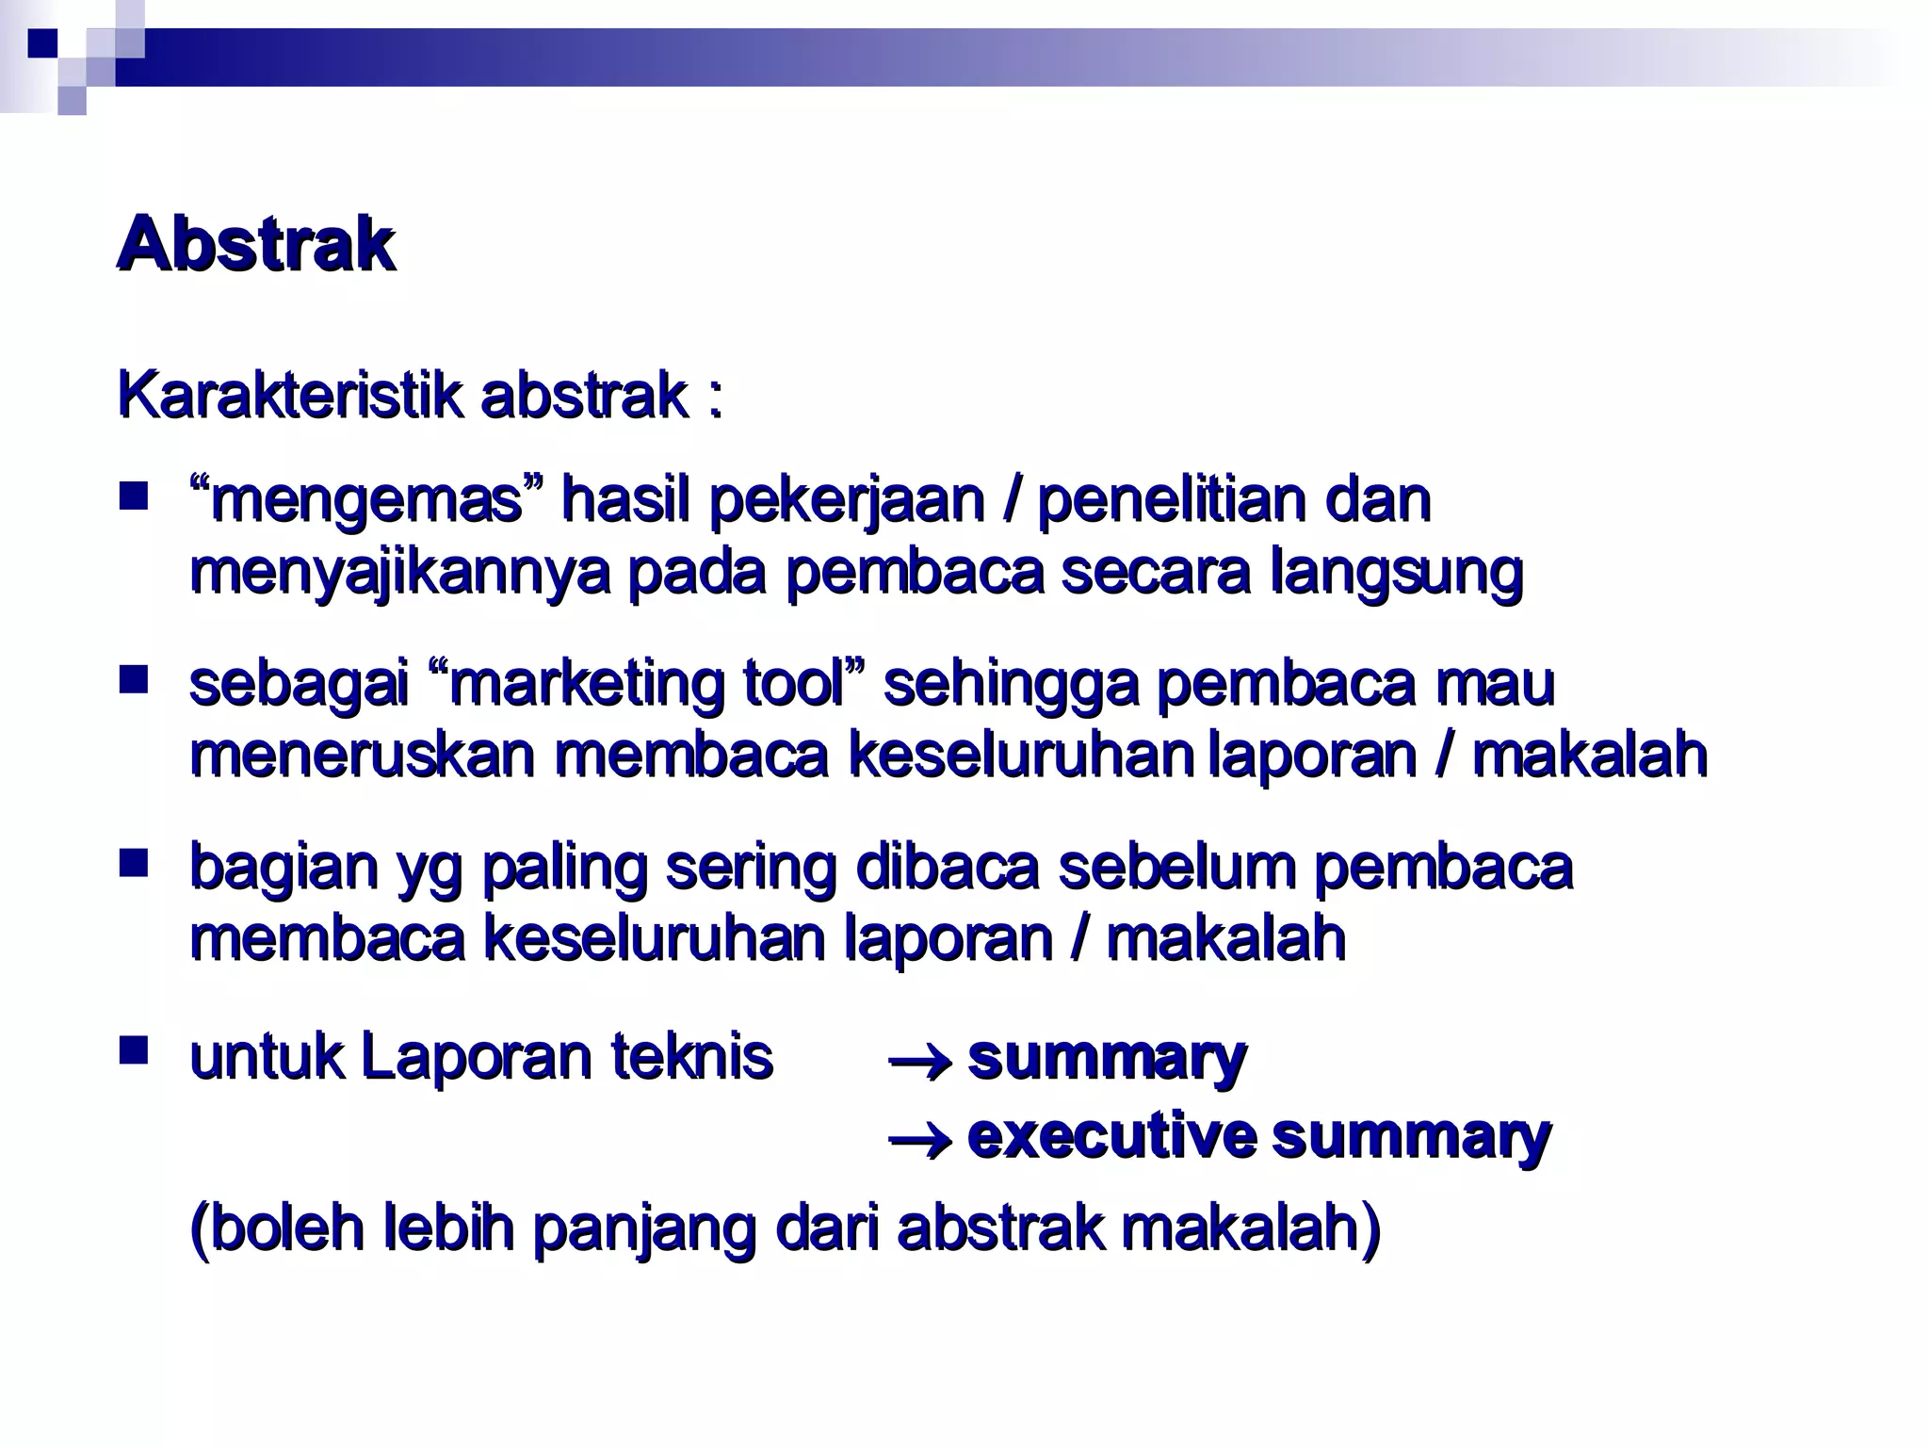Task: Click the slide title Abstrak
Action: coord(255,245)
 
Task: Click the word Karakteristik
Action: coord(289,396)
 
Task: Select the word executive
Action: coord(1111,1137)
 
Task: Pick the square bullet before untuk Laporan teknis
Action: coord(134,1050)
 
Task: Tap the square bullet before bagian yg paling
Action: coord(134,862)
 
